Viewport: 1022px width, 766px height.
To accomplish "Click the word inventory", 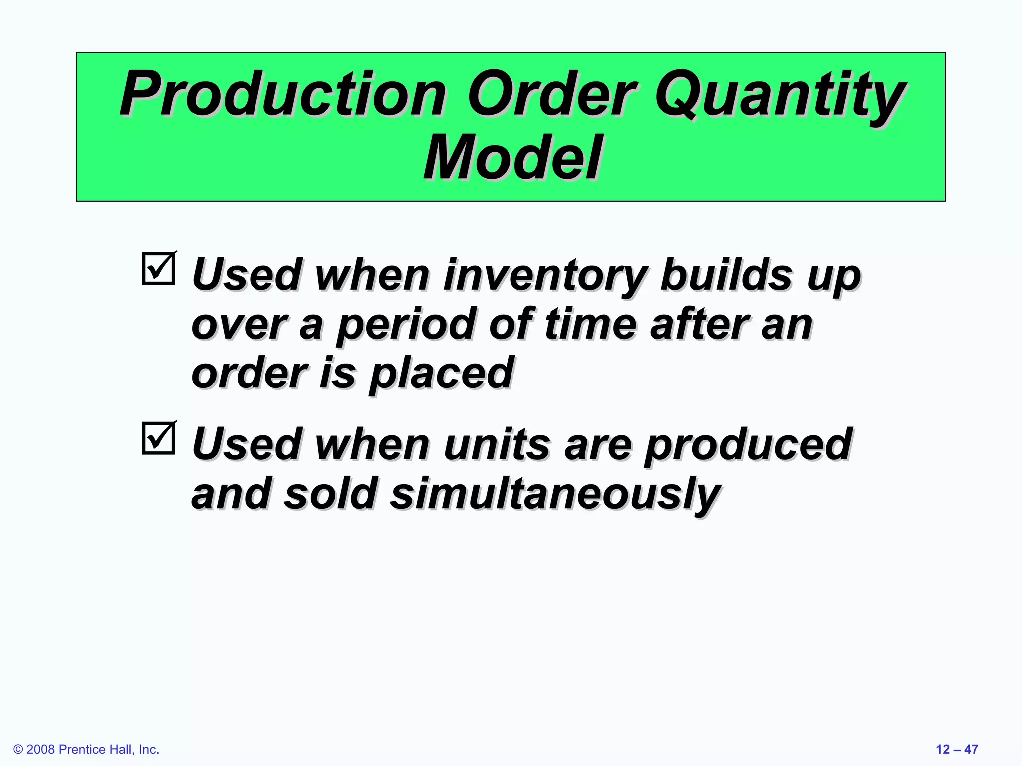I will pyautogui.click(x=546, y=275).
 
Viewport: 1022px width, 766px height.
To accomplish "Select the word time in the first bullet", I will pyautogui.click(x=591, y=324).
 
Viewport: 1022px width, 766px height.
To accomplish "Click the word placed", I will pyautogui.click(x=441, y=374).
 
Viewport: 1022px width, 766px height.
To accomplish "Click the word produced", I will pyautogui.click(x=747, y=445).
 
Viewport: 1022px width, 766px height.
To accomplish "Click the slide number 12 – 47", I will pyautogui.click(x=956, y=749).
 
